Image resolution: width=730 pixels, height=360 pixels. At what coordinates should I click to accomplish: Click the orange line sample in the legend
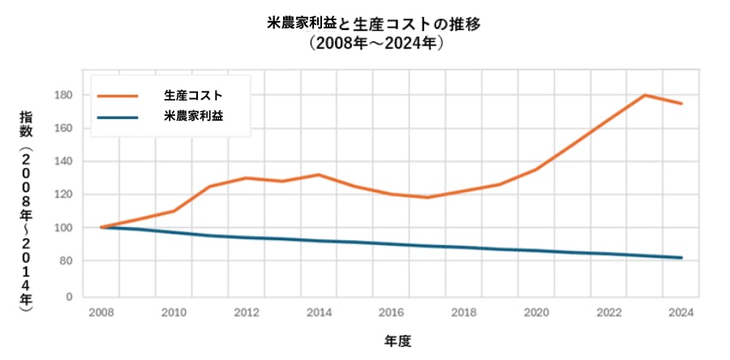click(118, 95)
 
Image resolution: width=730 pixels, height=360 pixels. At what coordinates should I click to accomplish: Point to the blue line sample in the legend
click(118, 116)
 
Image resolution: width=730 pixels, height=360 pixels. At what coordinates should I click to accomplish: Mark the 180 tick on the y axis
click(66, 95)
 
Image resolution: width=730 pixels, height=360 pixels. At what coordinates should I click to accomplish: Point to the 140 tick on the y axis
click(66, 161)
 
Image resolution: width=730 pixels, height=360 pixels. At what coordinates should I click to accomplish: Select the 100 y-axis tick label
click(66, 228)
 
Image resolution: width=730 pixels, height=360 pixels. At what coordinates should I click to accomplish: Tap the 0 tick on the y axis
click(70, 297)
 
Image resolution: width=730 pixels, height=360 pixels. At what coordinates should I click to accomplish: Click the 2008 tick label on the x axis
click(101, 312)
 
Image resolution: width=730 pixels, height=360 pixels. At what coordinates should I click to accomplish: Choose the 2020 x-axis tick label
click(536, 312)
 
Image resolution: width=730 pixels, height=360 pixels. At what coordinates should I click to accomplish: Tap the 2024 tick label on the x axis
click(681, 312)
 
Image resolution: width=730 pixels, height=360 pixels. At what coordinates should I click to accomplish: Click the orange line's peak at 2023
click(645, 95)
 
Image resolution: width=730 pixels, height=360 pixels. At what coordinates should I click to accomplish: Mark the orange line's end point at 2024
click(681, 104)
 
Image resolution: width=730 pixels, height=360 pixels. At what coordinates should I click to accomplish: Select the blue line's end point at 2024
click(681, 258)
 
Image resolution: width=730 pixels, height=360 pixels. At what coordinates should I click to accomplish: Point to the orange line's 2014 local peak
click(319, 174)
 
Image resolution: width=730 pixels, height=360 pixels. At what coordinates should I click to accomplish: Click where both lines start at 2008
click(101, 227)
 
